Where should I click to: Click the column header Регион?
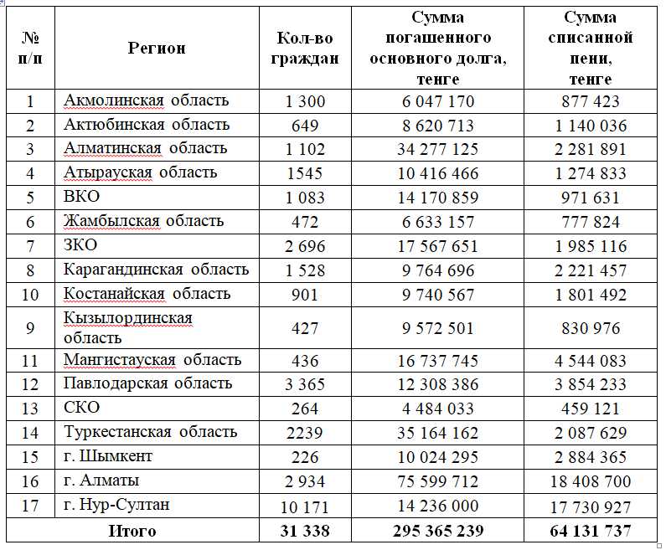tap(157, 48)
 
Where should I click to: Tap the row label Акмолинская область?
tap(146, 100)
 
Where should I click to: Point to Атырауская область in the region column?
tap(140, 172)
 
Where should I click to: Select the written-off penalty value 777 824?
tap(590, 222)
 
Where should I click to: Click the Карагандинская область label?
tap(156, 270)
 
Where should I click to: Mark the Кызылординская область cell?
tap(127, 327)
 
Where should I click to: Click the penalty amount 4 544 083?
tap(590, 361)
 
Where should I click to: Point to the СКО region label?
tap(81, 408)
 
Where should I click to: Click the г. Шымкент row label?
tap(107, 457)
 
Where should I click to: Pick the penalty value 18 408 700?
tap(590, 481)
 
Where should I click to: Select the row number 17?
tap(30, 505)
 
